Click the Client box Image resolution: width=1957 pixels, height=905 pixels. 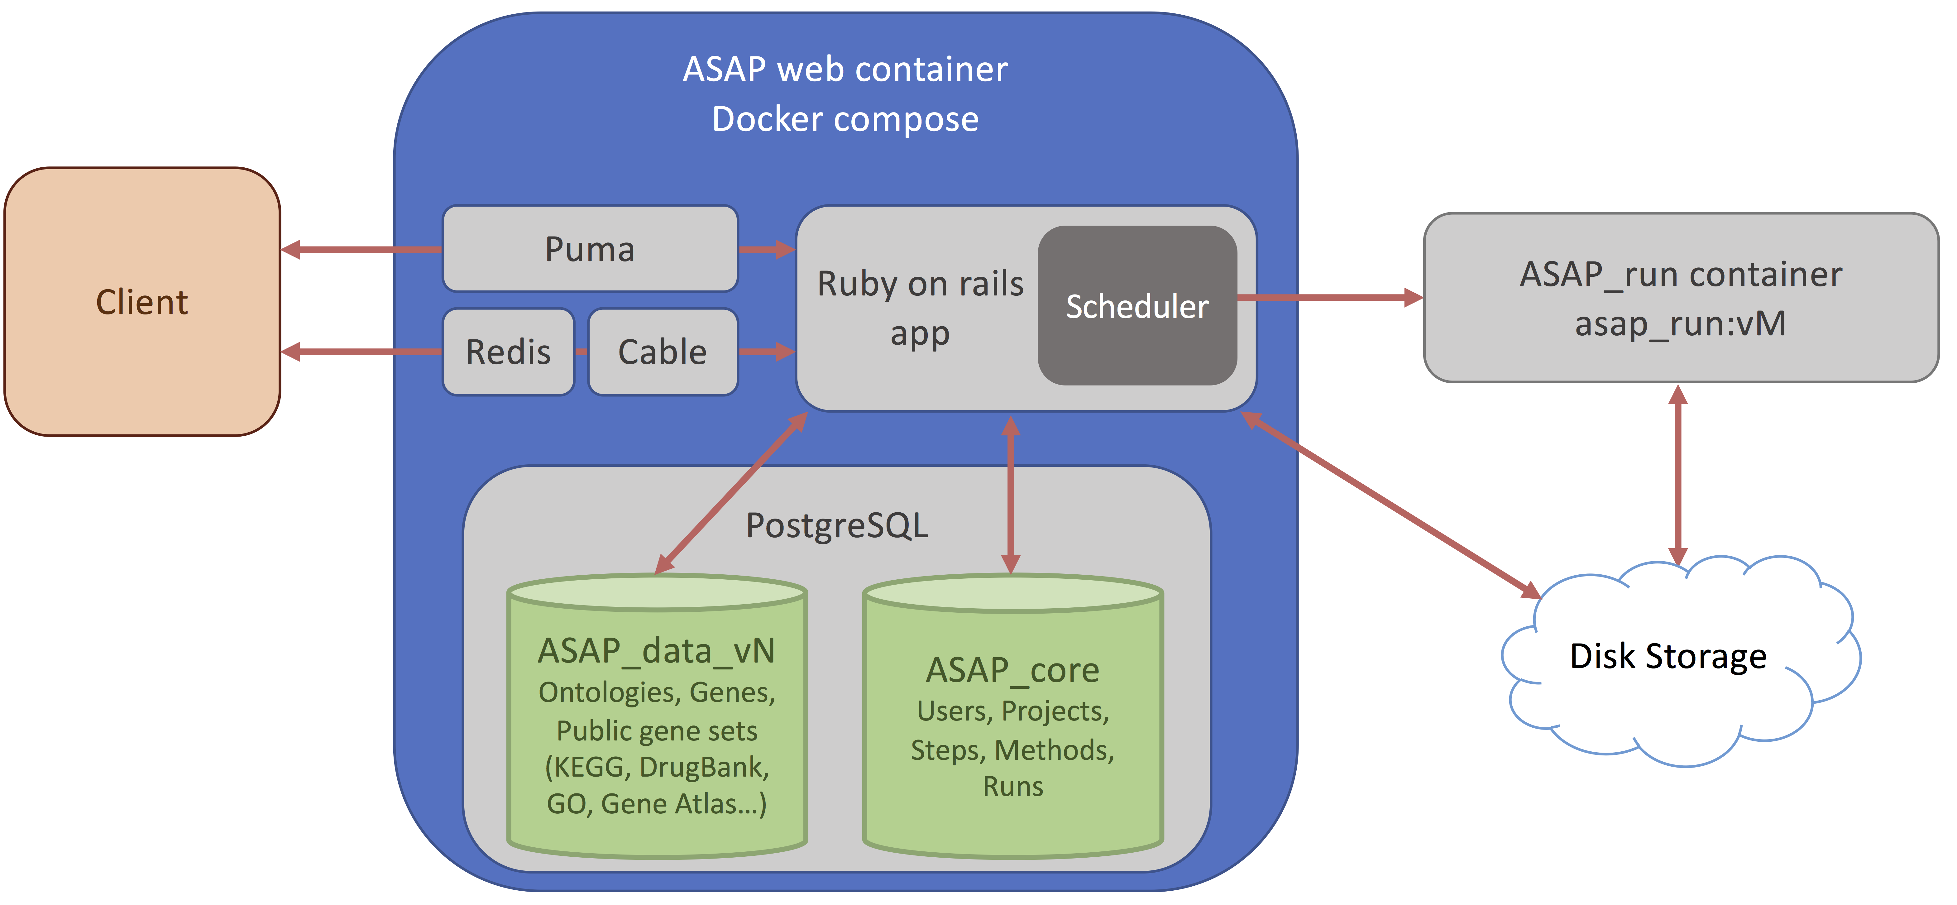[x=142, y=302]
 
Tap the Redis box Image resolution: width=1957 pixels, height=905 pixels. [x=508, y=352]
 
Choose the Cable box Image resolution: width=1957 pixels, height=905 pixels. [x=663, y=352]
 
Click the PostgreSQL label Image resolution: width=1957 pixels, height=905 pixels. [x=836, y=525]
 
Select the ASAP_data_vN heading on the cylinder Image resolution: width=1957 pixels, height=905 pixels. [x=656, y=650]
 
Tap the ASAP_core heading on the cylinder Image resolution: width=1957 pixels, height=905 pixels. [x=1013, y=669]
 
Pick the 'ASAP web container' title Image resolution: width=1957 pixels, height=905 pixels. [x=845, y=69]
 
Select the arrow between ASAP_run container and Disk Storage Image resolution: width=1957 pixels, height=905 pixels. [x=1678, y=475]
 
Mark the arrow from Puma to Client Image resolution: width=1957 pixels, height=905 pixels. [x=361, y=249]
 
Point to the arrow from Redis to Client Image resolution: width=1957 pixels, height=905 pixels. [x=361, y=352]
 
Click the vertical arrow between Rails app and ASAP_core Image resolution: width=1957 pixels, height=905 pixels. [x=1010, y=494]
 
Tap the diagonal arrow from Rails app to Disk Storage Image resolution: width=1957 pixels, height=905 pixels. [x=1390, y=505]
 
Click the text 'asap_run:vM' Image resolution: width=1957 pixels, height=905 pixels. [x=1681, y=324]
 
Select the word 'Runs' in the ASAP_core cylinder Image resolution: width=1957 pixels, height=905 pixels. [x=1013, y=787]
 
